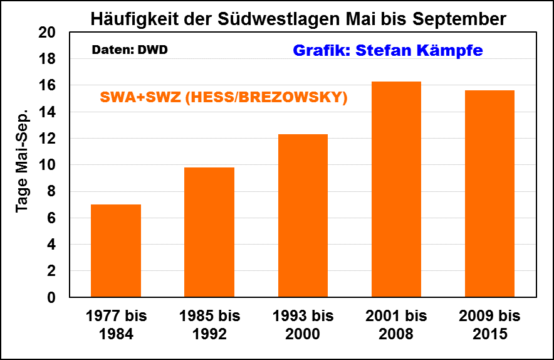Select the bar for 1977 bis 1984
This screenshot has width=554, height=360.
[116, 251]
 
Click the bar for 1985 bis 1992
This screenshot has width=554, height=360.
[209, 232]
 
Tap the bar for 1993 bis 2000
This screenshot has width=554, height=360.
[303, 216]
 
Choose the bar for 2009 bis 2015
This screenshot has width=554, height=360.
[489, 194]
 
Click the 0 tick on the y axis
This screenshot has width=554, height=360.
[52, 297]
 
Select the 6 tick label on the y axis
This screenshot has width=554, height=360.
[52, 218]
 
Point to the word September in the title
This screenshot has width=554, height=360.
[459, 19]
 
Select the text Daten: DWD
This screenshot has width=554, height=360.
[130, 50]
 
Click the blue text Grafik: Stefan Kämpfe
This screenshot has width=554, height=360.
[388, 51]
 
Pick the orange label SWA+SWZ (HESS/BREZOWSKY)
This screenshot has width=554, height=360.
[224, 98]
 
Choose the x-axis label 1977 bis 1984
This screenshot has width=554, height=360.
[116, 324]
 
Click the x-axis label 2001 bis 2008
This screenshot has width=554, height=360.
[396, 324]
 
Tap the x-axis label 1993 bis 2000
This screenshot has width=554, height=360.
[303, 324]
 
